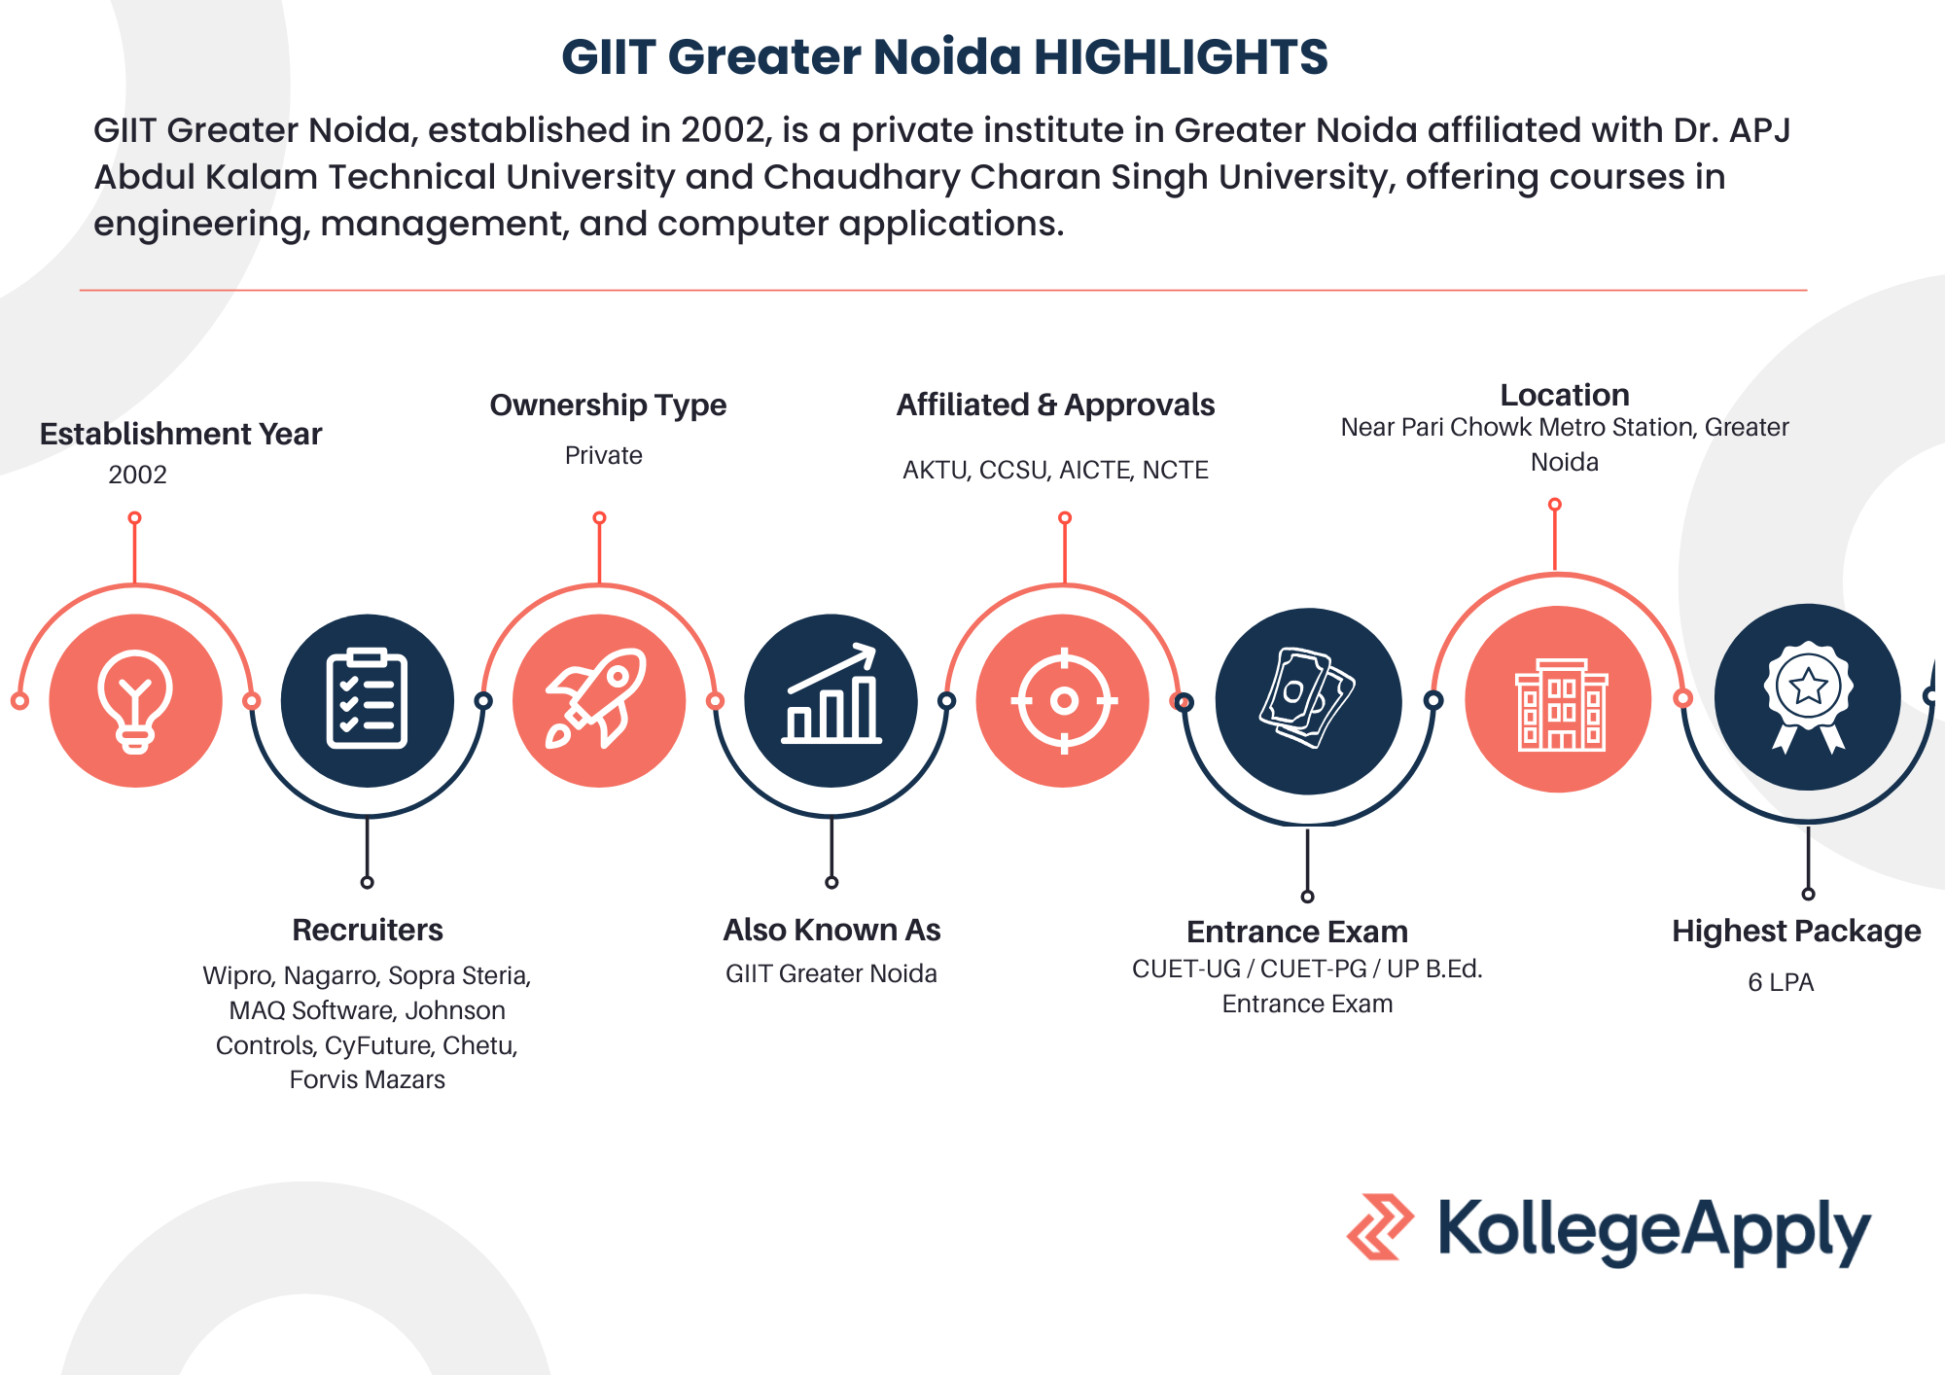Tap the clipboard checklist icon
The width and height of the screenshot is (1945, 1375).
[367, 698]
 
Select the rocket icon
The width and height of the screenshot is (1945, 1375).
[596, 697]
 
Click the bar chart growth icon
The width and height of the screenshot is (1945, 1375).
[831, 693]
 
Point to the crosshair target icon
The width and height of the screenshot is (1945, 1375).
[1064, 700]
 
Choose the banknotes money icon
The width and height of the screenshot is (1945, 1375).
[1307, 697]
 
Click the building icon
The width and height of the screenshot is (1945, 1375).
[1562, 704]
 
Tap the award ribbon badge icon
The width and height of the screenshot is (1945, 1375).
[1808, 696]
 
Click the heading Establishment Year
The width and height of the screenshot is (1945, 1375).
[181, 434]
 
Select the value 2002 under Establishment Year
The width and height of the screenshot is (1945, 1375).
[137, 475]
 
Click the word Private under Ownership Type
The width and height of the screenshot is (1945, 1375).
[604, 455]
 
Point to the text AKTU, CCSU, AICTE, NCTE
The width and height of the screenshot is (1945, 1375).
[1055, 471]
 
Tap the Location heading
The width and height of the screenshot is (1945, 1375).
[1565, 395]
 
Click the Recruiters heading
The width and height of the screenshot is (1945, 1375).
[368, 930]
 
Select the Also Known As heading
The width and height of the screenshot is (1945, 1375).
[831, 930]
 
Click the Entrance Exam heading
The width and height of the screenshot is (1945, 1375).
[1297, 932]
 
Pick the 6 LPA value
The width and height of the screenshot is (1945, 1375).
[1781, 982]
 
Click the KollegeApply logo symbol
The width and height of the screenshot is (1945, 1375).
[1380, 1227]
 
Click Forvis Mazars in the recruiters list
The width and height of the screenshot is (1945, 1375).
[367, 1079]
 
